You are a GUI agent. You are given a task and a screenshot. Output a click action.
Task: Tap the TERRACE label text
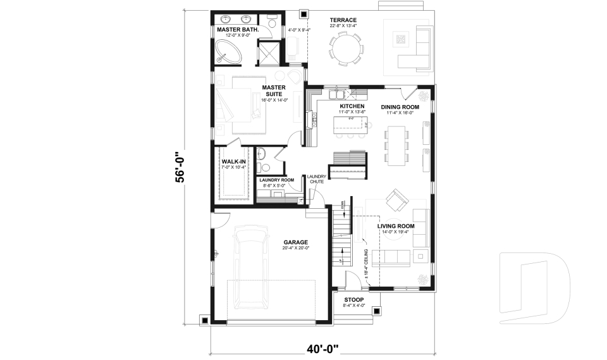[x=343, y=20]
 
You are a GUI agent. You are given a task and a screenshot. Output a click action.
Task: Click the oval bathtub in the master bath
[x=229, y=52]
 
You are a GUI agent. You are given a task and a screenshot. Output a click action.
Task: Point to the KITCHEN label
[x=352, y=106]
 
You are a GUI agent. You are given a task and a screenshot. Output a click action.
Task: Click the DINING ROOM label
[x=400, y=107]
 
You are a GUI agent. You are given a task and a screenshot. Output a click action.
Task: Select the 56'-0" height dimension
[x=180, y=166]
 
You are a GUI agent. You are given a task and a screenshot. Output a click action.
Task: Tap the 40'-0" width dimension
[x=323, y=348]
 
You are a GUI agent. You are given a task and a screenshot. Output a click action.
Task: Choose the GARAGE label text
[x=295, y=242]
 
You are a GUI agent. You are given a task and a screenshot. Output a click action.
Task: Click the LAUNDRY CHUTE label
[x=317, y=179]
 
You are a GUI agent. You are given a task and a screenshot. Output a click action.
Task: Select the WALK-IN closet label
[x=233, y=162]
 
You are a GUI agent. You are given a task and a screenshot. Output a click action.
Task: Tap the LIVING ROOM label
[x=396, y=226]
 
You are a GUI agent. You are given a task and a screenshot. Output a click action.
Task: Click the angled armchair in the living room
[x=397, y=201]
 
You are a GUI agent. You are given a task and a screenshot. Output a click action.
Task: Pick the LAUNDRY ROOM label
[x=278, y=180]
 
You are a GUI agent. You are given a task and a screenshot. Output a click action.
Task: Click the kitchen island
[x=351, y=124]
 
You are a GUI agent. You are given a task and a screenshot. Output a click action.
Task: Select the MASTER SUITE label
[x=274, y=90]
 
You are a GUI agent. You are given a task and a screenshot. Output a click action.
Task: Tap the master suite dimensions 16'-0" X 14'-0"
[x=274, y=100]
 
